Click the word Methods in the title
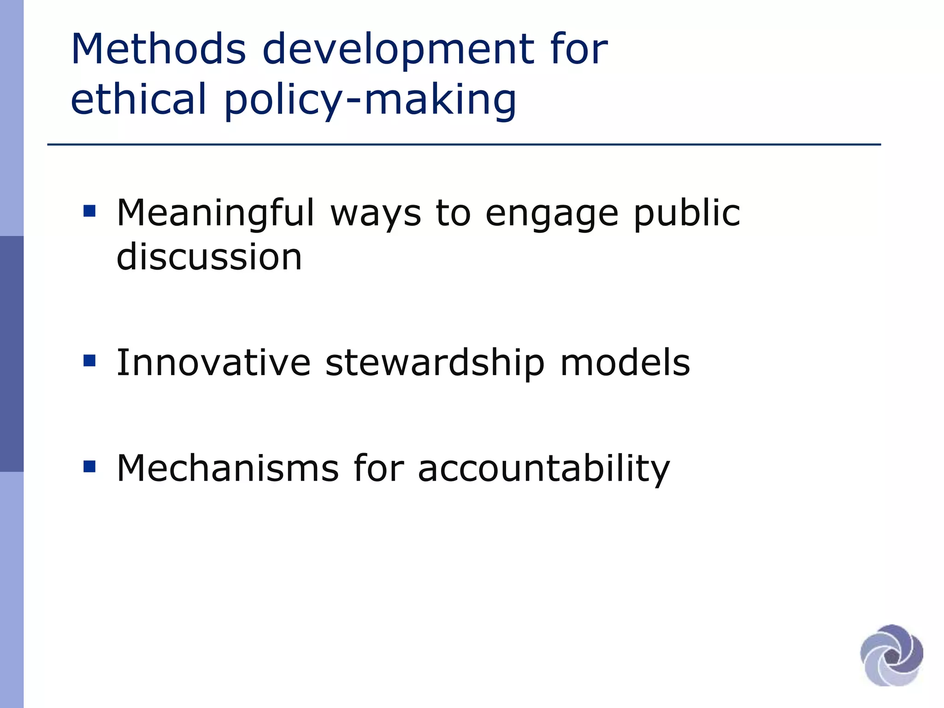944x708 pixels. [159, 49]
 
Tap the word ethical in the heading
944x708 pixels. [139, 99]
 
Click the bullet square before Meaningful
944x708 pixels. [89, 212]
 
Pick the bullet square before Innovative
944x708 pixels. [89, 360]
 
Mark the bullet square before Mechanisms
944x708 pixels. [89, 466]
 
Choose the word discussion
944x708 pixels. [209, 257]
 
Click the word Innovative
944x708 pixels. [213, 363]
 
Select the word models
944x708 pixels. [625, 363]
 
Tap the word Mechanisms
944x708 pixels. [228, 468]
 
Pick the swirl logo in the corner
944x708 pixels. [891, 655]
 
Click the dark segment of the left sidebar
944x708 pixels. [12, 354]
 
